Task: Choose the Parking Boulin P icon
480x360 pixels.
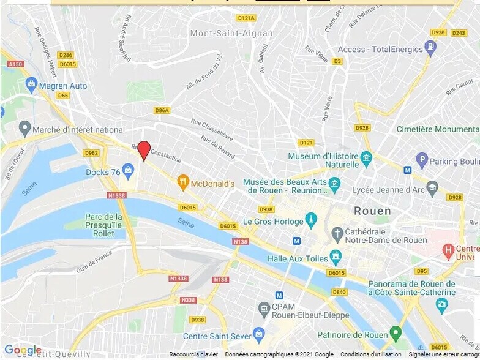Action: pos(421,160)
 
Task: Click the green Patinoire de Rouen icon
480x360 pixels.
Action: pos(396,334)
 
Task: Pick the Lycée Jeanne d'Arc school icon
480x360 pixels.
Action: pos(432,187)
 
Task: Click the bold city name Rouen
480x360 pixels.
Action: pos(372,211)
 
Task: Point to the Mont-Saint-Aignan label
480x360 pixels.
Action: pos(222,33)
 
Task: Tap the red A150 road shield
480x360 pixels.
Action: pos(15,64)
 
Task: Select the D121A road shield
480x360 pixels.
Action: pos(246,18)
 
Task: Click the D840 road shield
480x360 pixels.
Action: pos(339,292)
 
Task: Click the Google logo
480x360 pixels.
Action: pos(23,350)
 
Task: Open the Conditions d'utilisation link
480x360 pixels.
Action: pos(371,354)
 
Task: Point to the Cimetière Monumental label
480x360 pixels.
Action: pos(438,129)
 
